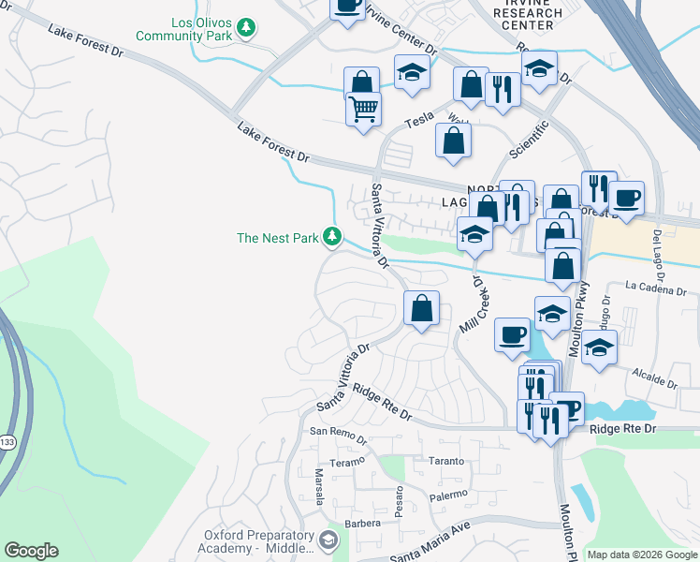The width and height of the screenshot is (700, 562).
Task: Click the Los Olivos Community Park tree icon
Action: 246,28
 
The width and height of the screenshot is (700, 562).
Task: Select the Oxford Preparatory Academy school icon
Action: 328,540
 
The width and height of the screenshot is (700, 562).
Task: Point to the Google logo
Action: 31,551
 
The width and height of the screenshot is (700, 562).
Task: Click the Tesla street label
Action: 419,121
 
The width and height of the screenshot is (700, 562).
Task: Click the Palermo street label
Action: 448,494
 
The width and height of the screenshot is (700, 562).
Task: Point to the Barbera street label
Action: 362,523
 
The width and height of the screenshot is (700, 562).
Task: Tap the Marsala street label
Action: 318,486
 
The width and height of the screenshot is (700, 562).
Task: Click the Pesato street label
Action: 400,503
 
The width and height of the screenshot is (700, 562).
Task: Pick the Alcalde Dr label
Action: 655,378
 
